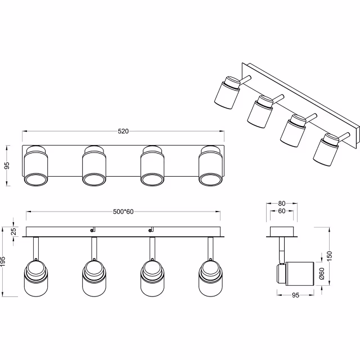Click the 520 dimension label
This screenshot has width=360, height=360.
coord(123,132)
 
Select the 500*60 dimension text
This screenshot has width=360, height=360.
coord(123,212)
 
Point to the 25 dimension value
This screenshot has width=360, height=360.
coord(14,231)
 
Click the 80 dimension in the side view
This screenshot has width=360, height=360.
coord(282,203)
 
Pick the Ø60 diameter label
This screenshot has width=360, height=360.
coord(321,274)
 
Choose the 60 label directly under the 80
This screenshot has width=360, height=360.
coord(282,211)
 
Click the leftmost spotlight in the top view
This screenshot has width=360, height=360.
coord(36,166)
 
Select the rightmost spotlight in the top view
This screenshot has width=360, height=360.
coord(210,166)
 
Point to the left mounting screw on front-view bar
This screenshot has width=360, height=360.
coord(92,229)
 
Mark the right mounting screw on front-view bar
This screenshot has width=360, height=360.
coord(151,229)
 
